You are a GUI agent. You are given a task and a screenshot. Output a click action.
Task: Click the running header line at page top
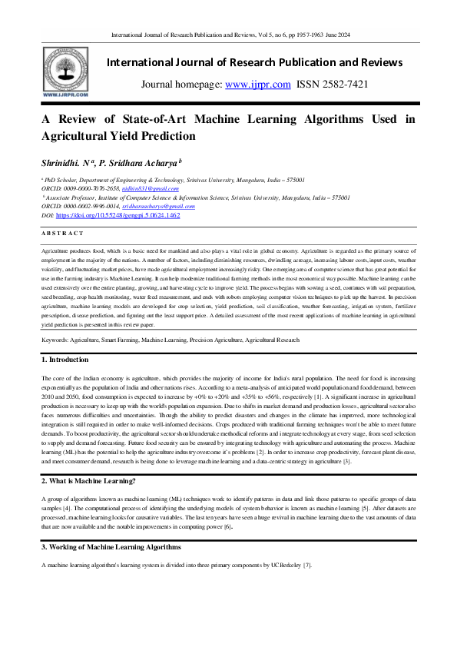click(x=228, y=35)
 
